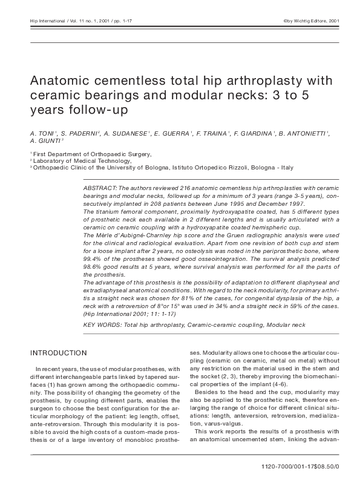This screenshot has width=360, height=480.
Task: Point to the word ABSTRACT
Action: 99,189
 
